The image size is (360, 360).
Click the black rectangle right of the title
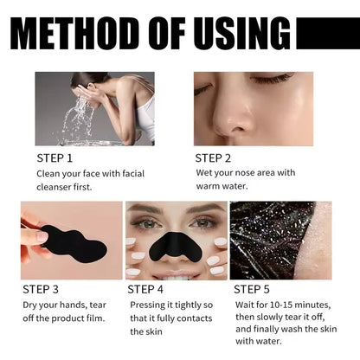[327, 34]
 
